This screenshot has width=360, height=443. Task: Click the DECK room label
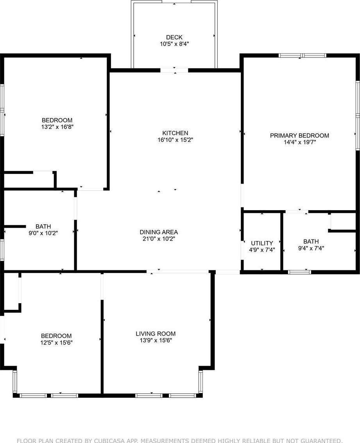[x=174, y=37]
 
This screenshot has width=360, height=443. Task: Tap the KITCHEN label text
[x=175, y=133]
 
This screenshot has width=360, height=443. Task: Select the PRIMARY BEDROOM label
[x=299, y=136]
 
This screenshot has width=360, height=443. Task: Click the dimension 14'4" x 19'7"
[x=300, y=142]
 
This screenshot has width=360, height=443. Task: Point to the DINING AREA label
[x=159, y=232]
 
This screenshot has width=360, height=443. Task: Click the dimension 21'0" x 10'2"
[x=159, y=239]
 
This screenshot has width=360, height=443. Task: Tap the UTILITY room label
[x=262, y=243]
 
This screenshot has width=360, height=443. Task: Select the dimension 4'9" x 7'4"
[x=262, y=250]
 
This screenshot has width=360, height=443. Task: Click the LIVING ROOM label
[x=156, y=334]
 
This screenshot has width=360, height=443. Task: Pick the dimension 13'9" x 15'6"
[x=156, y=340]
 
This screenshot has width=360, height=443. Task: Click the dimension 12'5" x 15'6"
[x=57, y=343]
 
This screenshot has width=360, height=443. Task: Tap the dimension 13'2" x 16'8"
[x=57, y=127]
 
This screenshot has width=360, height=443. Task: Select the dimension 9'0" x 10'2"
[x=43, y=233]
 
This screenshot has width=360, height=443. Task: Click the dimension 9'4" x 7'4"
[x=311, y=248]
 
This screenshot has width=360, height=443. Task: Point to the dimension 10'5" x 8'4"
[x=174, y=44]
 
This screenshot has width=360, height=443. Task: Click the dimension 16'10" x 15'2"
[x=176, y=140]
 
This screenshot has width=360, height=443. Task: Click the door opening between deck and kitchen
[x=174, y=70]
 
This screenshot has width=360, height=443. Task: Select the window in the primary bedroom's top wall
[x=302, y=55]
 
